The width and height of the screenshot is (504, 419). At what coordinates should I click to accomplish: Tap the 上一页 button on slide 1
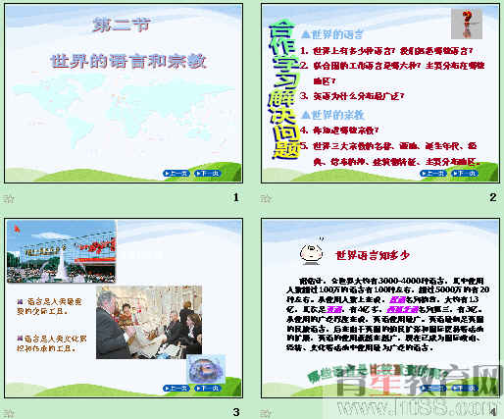click(x=176, y=173)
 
